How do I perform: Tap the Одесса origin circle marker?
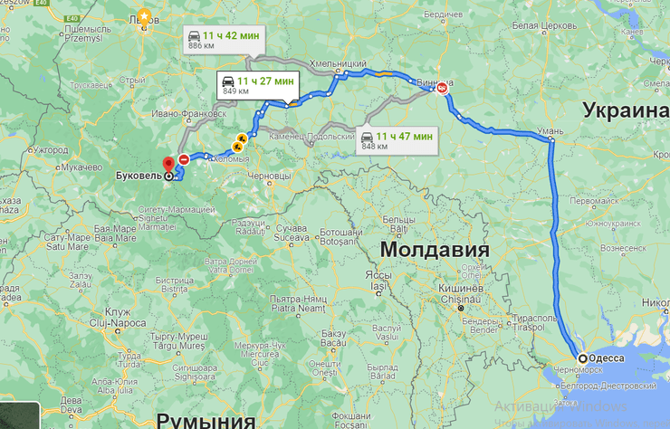pyautogui.click(x=582, y=357)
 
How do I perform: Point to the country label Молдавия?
pyautogui.click(x=434, y=249)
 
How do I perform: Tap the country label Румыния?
pyautogui.click(x=206, y=419)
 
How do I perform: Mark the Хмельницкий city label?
pyautogui.click(x=338, y=64)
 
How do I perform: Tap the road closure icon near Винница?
pyautogui.click(x=442, y=90)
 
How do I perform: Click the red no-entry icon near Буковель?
pyautogui.click(x=184, y=159)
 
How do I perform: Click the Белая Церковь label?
pyautogui.click(x=537, y=24)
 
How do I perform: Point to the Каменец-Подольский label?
pyautogui.click(x=316, y=137)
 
